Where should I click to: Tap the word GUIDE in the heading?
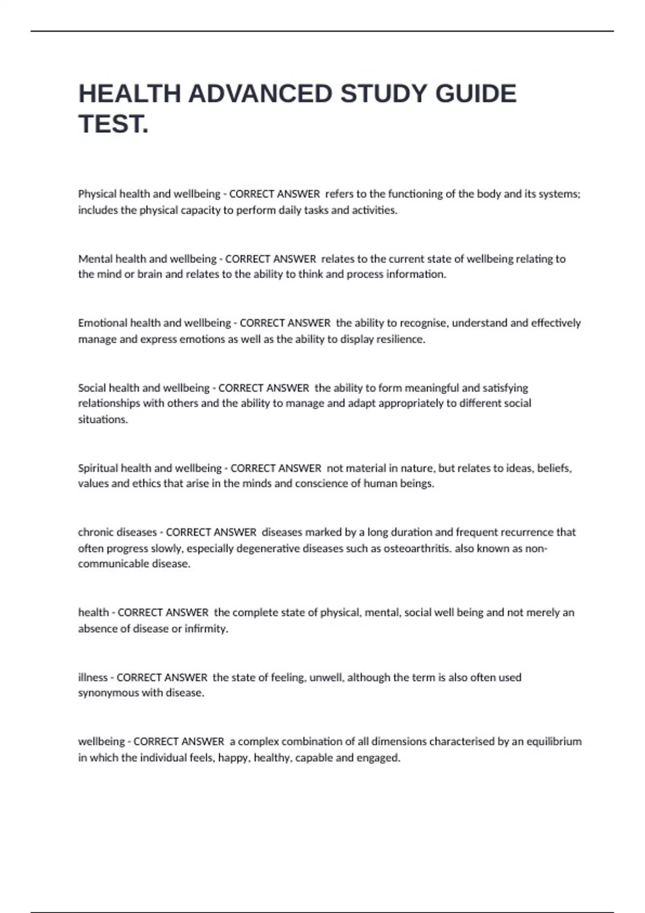coord(476,94)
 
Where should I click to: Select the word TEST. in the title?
coord(113,124)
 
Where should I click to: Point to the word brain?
coord(149,274)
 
